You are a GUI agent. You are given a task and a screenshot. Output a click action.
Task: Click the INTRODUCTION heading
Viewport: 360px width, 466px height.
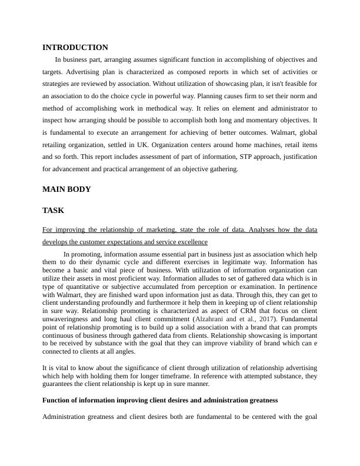[75, 48]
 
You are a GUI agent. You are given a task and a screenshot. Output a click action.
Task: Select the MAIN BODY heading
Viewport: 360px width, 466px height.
[66, 189]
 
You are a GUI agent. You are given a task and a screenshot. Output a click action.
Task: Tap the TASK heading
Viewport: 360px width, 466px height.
[54, 210]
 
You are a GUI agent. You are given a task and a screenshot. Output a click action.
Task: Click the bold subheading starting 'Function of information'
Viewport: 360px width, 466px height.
[160, 400]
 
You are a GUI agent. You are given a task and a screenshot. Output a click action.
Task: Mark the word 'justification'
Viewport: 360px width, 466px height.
[292, 157]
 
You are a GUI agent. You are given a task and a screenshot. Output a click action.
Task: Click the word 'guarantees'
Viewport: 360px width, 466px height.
[62, 385]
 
